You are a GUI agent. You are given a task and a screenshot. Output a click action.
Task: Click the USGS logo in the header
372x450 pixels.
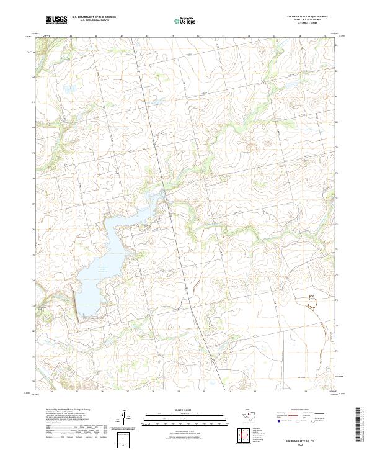[x=57, y=20]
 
